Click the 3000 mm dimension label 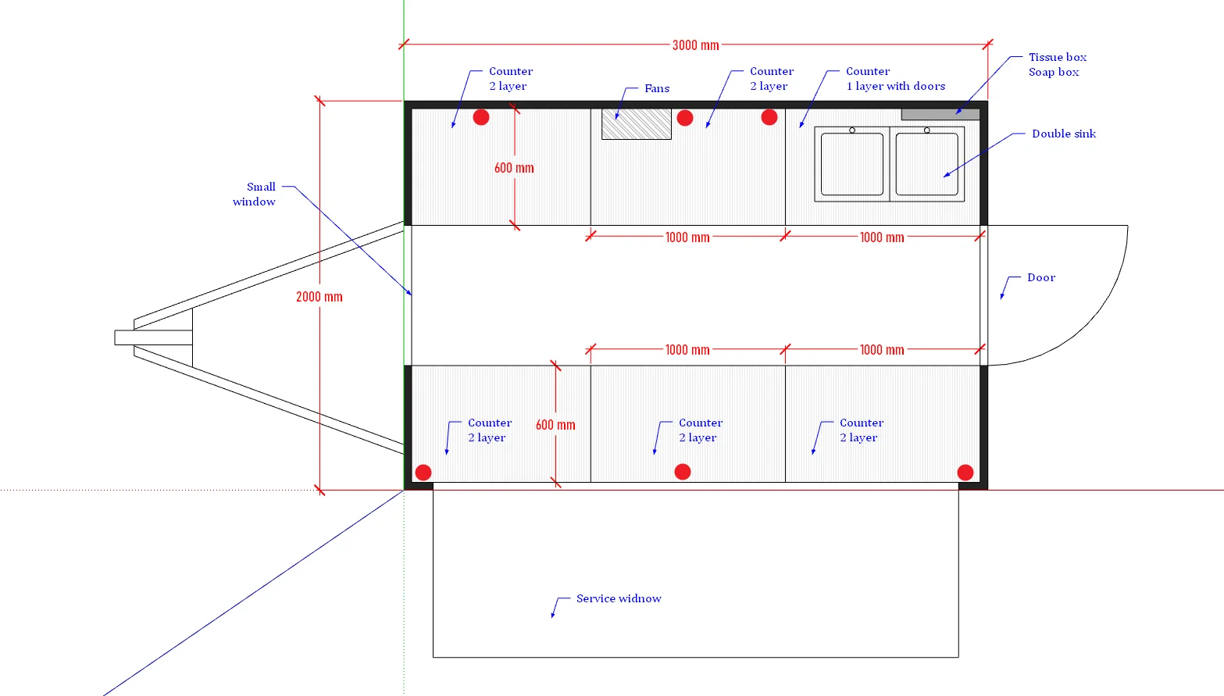695,45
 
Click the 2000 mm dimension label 319,297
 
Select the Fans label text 657,88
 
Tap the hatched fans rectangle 637,124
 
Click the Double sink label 1063,134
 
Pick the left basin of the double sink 852,164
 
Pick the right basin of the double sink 926,164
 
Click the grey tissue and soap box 940,114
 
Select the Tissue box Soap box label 1057,65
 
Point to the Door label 1041,277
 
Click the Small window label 255,194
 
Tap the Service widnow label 619,598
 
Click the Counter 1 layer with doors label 895,79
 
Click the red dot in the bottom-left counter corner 423,473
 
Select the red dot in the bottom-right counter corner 965,473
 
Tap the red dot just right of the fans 685,118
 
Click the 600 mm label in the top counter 514,168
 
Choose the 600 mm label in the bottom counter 555,425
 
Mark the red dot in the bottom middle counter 683,472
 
